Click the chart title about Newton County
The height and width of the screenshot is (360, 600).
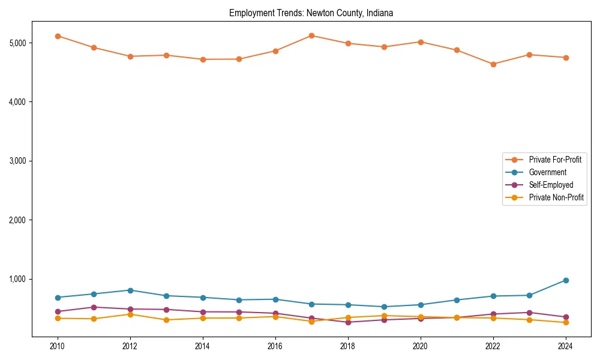(x=311, y=13)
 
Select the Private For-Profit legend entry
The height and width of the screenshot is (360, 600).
(x=555, y=160)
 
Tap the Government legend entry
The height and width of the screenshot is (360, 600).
(x=547, y=172)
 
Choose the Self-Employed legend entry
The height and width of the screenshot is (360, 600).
(x=551, y=185)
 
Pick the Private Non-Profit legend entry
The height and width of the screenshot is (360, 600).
(x=556, y=197)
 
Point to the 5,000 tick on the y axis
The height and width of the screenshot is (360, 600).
(x=17, y=43)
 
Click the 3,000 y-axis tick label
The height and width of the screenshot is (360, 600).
(x=17, y=161)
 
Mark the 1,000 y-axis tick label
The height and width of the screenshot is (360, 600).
(x=17, y=279)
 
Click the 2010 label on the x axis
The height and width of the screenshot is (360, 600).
(x=58, y=346)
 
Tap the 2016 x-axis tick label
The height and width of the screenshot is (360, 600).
(x=275, y=346)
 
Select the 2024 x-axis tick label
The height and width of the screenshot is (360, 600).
(x=565, y=346)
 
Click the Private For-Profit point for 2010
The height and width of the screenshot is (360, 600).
(x=58, y=36)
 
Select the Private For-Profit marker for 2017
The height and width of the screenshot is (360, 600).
(x=311, y=35)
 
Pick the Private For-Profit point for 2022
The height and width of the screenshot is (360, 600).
(x=493, y=64)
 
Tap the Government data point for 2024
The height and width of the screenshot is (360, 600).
(x=565, y=280)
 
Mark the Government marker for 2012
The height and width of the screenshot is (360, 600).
(x=130, y=290)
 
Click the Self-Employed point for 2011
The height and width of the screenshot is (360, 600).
(x=94, y=307)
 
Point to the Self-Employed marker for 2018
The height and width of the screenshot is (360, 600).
(x=348, y=322)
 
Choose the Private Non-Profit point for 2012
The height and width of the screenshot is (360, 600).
(x=130, y=314)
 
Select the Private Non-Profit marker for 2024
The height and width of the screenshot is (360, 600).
(x=565, y=323)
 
